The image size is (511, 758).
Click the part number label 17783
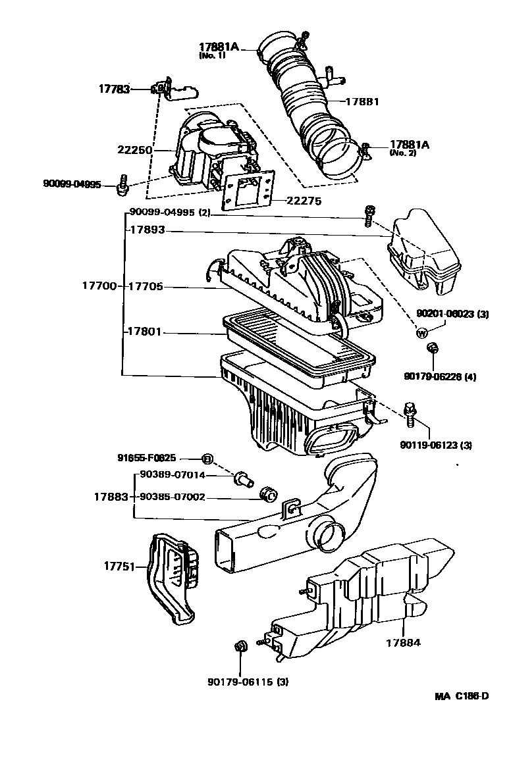pos(115,89)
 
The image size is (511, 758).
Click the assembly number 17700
pos(99,286)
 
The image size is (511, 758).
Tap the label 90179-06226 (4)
pos(440,376)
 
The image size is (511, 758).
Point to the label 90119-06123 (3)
pos(435,445)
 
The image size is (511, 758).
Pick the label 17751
pos(119,566)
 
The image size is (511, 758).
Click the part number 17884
pos(403,642)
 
